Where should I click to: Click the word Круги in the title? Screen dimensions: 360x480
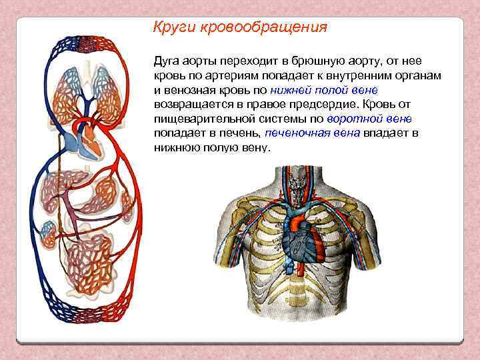pos(171,27)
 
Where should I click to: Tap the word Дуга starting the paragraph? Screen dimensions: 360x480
pos(167,60)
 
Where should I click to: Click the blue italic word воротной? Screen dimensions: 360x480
pos(355,119)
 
